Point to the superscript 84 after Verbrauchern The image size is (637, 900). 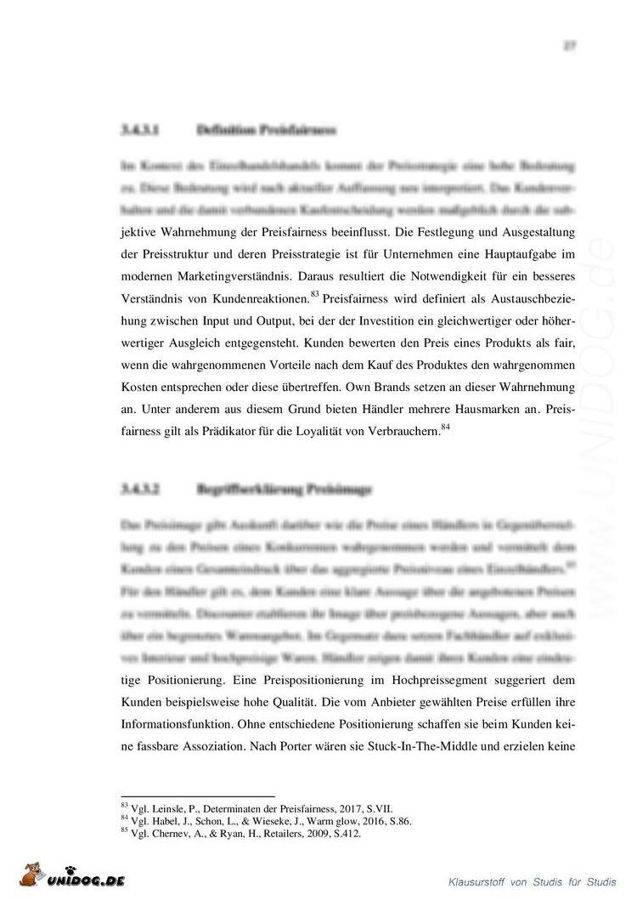[x=444, y=427]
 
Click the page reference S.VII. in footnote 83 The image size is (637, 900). [x=378, y=810]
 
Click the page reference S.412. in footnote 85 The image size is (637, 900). [x=347, y=834]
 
